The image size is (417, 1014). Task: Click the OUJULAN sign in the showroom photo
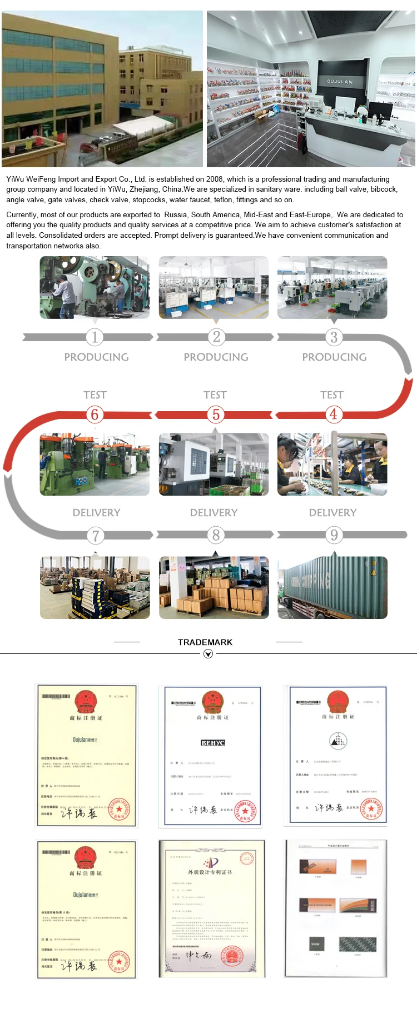339,82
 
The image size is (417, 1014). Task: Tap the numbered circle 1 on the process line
95,337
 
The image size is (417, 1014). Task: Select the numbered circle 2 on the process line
216,337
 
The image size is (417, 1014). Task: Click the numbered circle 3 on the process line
334,337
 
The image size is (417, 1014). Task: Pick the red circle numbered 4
333,414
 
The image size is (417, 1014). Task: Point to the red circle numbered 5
216,414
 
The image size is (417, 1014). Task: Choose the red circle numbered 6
95,414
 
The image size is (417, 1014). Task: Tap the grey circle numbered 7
95,536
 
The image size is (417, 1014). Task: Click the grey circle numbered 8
216,535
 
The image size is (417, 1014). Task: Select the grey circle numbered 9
334,535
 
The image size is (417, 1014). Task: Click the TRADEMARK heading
205,642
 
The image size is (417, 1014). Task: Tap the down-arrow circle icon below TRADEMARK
208,654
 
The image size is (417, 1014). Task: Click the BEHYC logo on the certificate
212,743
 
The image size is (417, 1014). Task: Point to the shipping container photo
332,588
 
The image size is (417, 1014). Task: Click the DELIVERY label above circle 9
332,512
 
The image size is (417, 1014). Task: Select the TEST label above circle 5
215,395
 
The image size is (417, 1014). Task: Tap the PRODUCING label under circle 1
96,357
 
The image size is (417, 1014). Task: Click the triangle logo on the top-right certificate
338,740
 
